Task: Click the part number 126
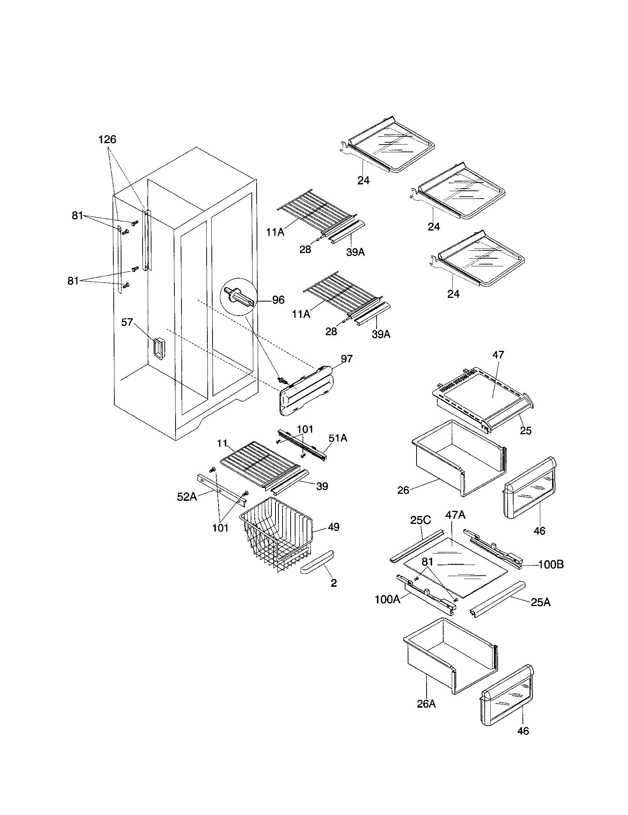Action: coord(107,140)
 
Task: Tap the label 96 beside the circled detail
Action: coord(278,300)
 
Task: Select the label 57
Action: coord(127,322)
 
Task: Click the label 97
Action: coord(347,359)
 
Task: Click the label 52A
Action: coord(187,497)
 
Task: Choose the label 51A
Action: coord(338,438)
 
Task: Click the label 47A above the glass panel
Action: coord(455,515)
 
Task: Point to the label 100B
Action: coord(551,565)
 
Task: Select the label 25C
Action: coord(421,520)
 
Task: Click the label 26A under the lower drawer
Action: coord(426,704)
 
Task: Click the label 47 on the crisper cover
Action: coord(498,355)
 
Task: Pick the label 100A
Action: coord(387,600)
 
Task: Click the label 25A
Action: coord(540,602)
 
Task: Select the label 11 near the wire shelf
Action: coord(222,443)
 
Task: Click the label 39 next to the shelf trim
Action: coord(322,486)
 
